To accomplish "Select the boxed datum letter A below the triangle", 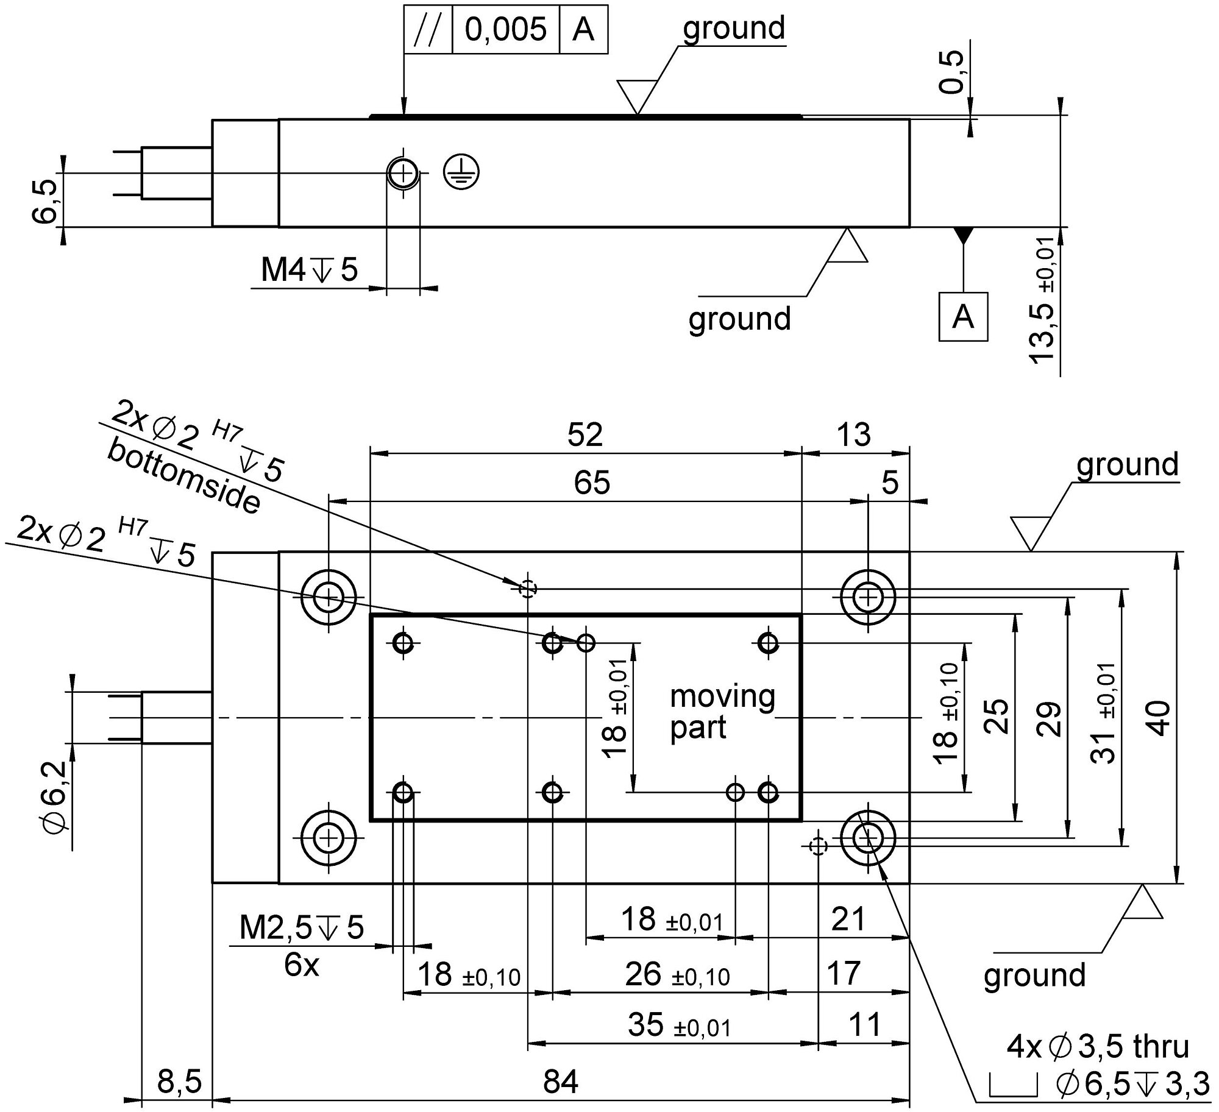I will [962, 317].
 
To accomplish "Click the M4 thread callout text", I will [309, 270].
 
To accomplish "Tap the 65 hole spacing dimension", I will [592, 483].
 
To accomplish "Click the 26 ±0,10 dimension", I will [677, 974].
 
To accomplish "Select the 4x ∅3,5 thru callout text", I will [1098, 1047].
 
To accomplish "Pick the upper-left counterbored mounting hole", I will [329, 597].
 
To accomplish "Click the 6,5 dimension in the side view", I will [46, 201].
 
